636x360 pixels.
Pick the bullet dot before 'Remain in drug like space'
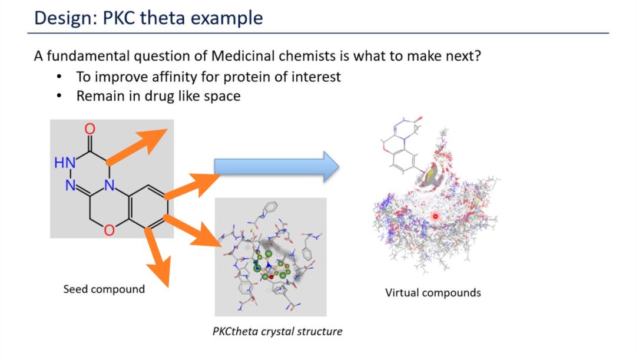tap(59, 96)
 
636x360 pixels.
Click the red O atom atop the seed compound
tap(90, 129)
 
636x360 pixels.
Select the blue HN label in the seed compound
tap(65, 163)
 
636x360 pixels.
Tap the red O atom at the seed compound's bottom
tap(108, 230)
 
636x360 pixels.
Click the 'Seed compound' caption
tap(104, 289)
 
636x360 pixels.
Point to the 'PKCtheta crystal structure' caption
tap(277, 331)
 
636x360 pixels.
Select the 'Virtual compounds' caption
tap(433, 292)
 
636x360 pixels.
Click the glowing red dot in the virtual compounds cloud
tap(436, 217)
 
